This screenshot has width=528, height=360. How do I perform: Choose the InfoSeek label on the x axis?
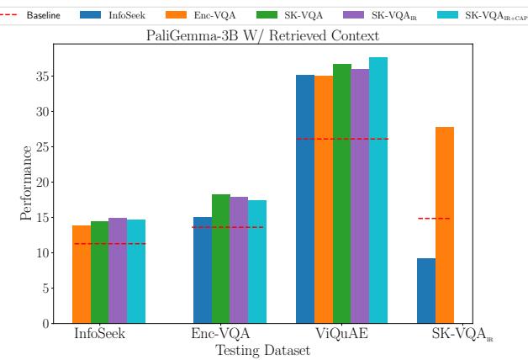coord(100,334)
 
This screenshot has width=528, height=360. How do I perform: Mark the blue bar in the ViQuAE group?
coord(304,199)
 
